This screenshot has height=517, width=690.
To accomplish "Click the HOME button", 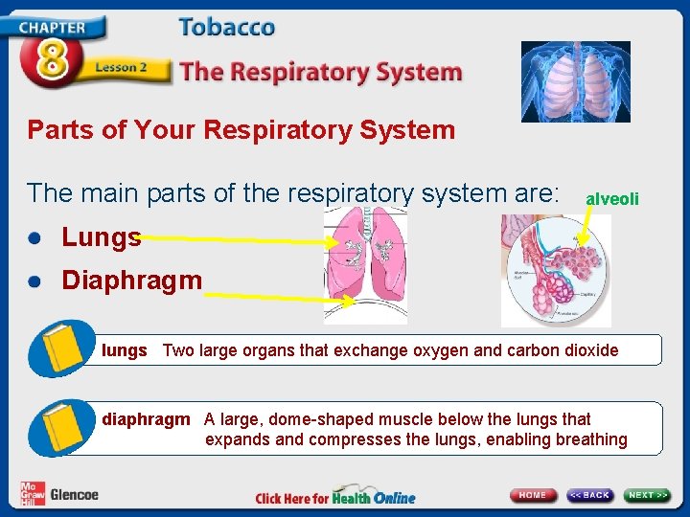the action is click(x=533, y=495).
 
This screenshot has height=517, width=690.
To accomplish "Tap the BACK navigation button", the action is click(x=589, y=495).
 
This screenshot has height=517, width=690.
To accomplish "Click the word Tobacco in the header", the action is click(x=226, y=26).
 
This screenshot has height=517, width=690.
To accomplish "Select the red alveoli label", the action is click(x=611, y=198).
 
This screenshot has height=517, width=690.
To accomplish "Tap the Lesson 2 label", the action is click(x=120, y=68).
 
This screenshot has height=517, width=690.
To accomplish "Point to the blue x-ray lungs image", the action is click(x=575, y=81).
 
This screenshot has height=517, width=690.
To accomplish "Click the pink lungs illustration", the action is click(x=365, y=263).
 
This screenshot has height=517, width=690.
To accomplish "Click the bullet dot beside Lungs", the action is click(x=35, y=237).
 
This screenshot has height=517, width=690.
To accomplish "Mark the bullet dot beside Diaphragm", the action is click(x=35, y=281).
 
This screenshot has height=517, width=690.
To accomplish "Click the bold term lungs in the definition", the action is click(x=125, y=350).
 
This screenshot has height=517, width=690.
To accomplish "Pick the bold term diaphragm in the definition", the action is click(x=146, y=419).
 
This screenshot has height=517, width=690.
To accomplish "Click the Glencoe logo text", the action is click(x=74, y=494).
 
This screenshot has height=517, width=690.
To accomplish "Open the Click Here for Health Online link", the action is click(x=335, y=497).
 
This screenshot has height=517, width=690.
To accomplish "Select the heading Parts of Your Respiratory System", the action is click(x=241, y=129).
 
